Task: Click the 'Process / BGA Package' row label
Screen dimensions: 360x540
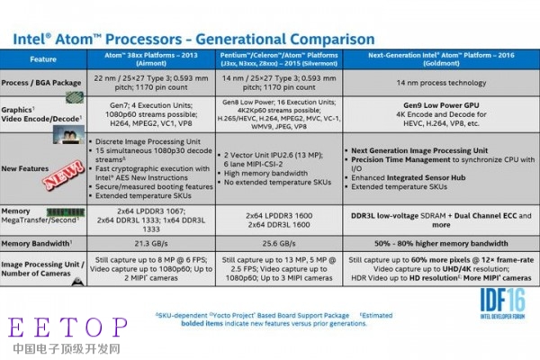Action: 46,82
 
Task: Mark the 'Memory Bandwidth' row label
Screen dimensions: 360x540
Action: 45,243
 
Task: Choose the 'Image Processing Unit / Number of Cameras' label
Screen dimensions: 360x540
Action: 45,272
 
